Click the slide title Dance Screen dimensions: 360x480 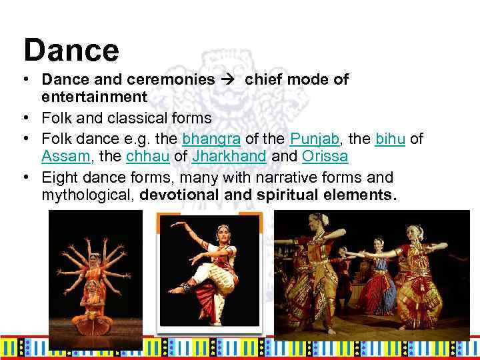click(x=71, y=49)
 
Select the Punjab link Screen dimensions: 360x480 click(x=313, y=139)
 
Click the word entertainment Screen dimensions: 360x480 click(x=94, y=97)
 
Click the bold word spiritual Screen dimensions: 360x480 click(x=297, y=196)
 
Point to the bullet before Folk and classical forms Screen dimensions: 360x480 click(x=24, y=118)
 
